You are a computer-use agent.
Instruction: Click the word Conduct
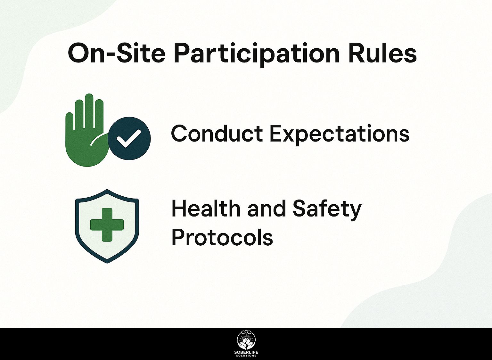(x=217, y=134)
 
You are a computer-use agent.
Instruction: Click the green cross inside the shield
(x=107, y=224)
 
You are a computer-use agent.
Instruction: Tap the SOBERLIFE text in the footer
(x=246, y=352)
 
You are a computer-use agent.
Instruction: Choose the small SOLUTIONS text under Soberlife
(x=246, y=356)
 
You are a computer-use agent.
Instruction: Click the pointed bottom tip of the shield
(x=107, y=262)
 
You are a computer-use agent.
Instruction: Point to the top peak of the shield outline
(x=107, y=190)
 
